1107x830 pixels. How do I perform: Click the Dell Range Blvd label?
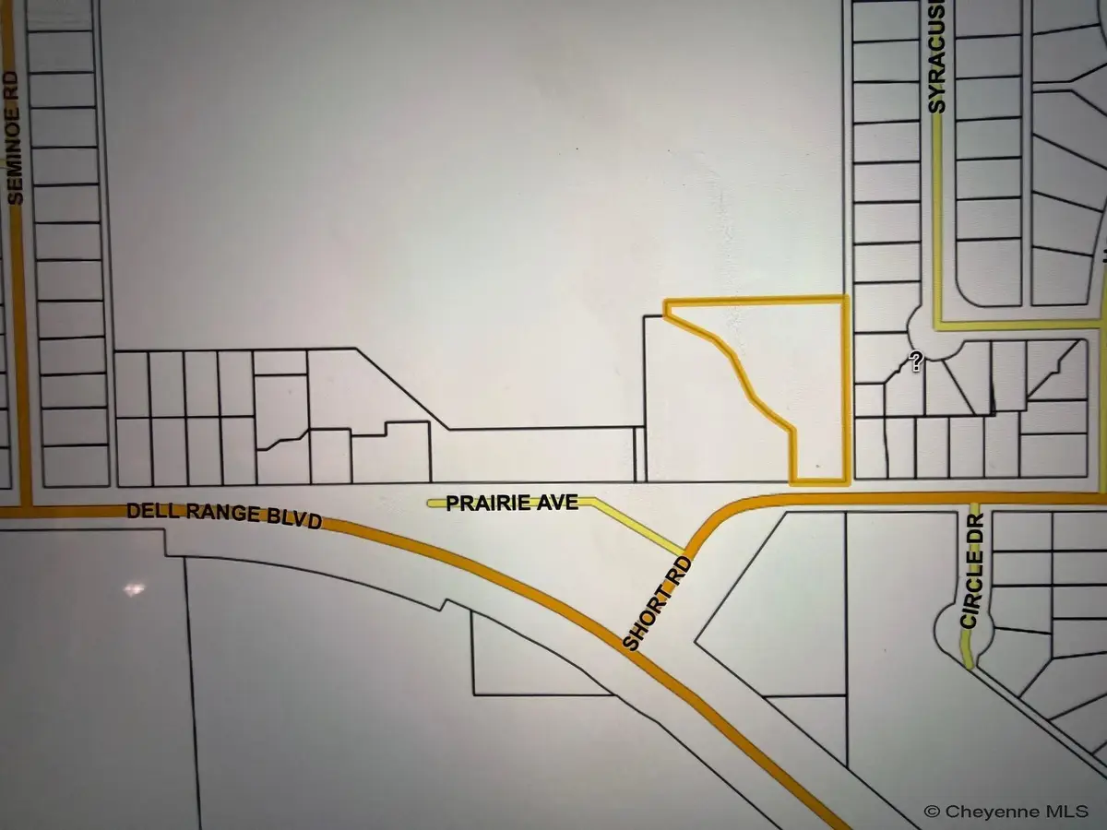[223, 515]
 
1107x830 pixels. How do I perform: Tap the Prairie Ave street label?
[512, 503]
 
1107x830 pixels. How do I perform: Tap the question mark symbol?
[916, 362]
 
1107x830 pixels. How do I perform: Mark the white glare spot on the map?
[135, 588]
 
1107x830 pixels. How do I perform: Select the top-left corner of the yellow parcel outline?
[666, 301]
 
